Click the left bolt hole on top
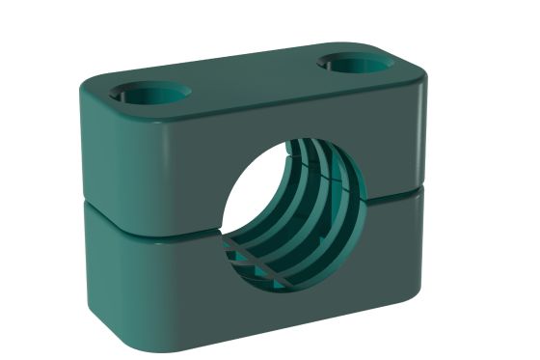pyautogui.click(x=150, y=93)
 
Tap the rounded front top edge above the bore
pyautogui.click(x=280, y=109)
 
